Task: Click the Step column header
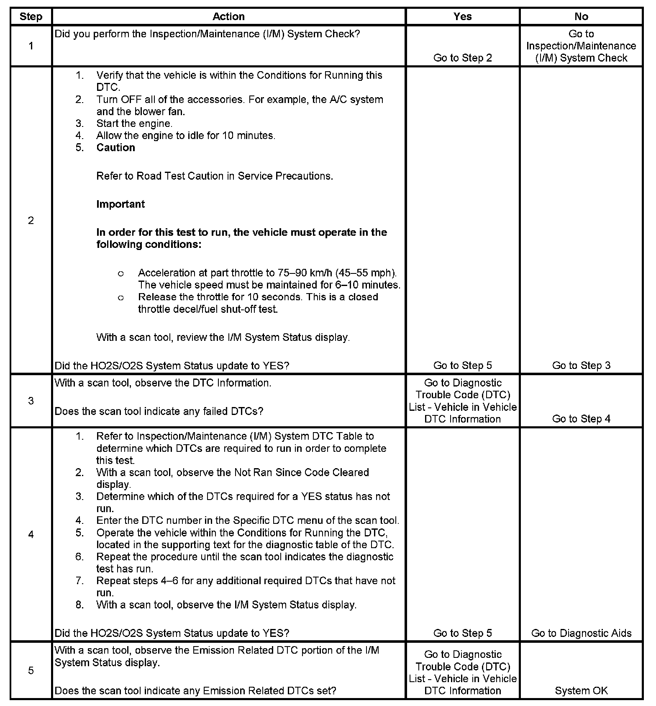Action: coord(31,17)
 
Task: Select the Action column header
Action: coord(228,17)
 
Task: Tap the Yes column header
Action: coord(462,17)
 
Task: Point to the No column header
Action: coord(581,17)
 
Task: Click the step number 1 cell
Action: coord(31,46)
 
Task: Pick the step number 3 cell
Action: coord(31,401)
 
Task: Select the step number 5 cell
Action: coord(31,670)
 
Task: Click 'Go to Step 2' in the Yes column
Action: coord(462,58)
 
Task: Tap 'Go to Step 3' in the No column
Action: coord(581,366)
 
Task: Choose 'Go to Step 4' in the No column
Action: coord(581,419)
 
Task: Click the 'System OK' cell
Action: coord(581,691)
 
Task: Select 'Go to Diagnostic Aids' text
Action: coord(581,633)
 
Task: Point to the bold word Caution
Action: coord(115,148)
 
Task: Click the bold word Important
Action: coord(120,204)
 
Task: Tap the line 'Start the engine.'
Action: coord(134,124)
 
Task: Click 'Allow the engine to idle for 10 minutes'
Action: coord(186,136)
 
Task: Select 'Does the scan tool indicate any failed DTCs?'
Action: coord(159,411)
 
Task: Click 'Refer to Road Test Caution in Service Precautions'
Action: coord(215,176)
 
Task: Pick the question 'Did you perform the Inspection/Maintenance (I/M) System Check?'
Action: coord(207,34)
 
